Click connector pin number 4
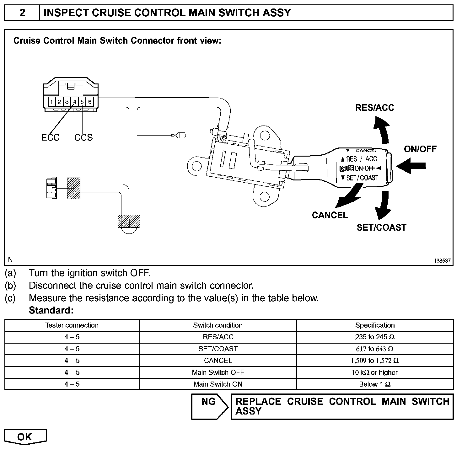pyautogui.click(x=74, y=102)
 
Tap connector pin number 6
pyautogui.click(x=90, y=102)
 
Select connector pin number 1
pyautogui.click(x=51, y=102)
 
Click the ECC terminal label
pyautogui.click(x=50, y=137)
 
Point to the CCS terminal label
pyautogui.click(x=83, y=137)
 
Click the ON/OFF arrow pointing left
pyautogui.click(x=411, y=166)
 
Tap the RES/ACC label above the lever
pyautogui.click(x=374, y=108)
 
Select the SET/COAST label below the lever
pyautogui.click(x=381, y=227)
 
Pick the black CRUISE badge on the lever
pyautogui.click(x=346, y=169)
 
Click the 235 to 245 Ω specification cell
pyautogui.click(x=375, y=337)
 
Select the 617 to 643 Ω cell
pyautogui.click(x=375, y=349)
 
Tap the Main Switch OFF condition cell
pyautogui.click(x=218, y=372)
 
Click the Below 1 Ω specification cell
pyautogui.click(x=375, y=384)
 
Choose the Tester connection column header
pyautogui.click(x=72, y=325)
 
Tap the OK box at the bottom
pyautogui.click(x=25, y=436)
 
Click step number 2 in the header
pyautogui.click(x=22, y=13)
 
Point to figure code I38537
pyautogui.click(x=443, y=261)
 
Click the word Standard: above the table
pyautogui.click(x=51, y=310)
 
